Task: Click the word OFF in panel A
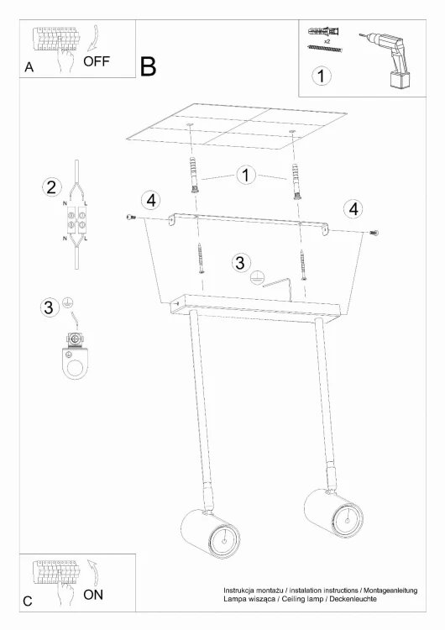click(97, 61)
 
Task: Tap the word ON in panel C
click(93, 595)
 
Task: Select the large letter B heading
click(149, 66)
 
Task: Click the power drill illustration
click(388, 60)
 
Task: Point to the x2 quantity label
click(327, 41)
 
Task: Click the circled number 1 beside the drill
click(321, 76)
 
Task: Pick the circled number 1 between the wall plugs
click(246, 175)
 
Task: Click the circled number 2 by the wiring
click(52, 187)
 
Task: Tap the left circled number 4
click(151, 200)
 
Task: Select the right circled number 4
click(353, 209)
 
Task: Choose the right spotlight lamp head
click(333, 513)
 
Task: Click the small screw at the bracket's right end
click(374, 232)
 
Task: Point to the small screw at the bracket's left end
click(131, 218)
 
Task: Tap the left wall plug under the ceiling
click(194, 176)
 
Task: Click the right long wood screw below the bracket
click(302, 264)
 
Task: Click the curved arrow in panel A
click(95, 39)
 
